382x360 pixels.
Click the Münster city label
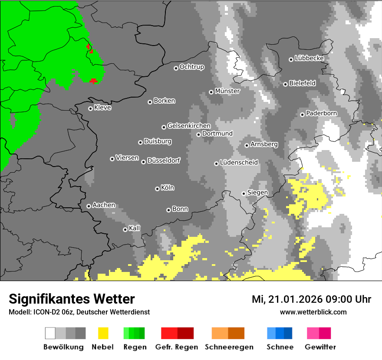227,91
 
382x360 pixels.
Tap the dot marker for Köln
157,189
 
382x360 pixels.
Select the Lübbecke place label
309,58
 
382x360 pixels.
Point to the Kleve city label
102,108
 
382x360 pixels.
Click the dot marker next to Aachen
89,206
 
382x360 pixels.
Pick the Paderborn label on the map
321,113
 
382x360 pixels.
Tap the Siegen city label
257,192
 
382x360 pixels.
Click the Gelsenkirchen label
189,126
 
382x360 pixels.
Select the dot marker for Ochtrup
176,68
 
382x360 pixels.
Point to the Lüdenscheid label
239,163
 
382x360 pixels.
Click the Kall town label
135,228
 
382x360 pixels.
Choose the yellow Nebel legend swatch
103,333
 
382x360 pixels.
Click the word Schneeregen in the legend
229,347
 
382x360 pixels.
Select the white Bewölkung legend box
50,333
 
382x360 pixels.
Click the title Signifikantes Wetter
72,299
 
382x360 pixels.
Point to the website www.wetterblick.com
313,312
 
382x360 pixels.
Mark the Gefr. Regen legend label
177,347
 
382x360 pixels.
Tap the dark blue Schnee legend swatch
288,333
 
